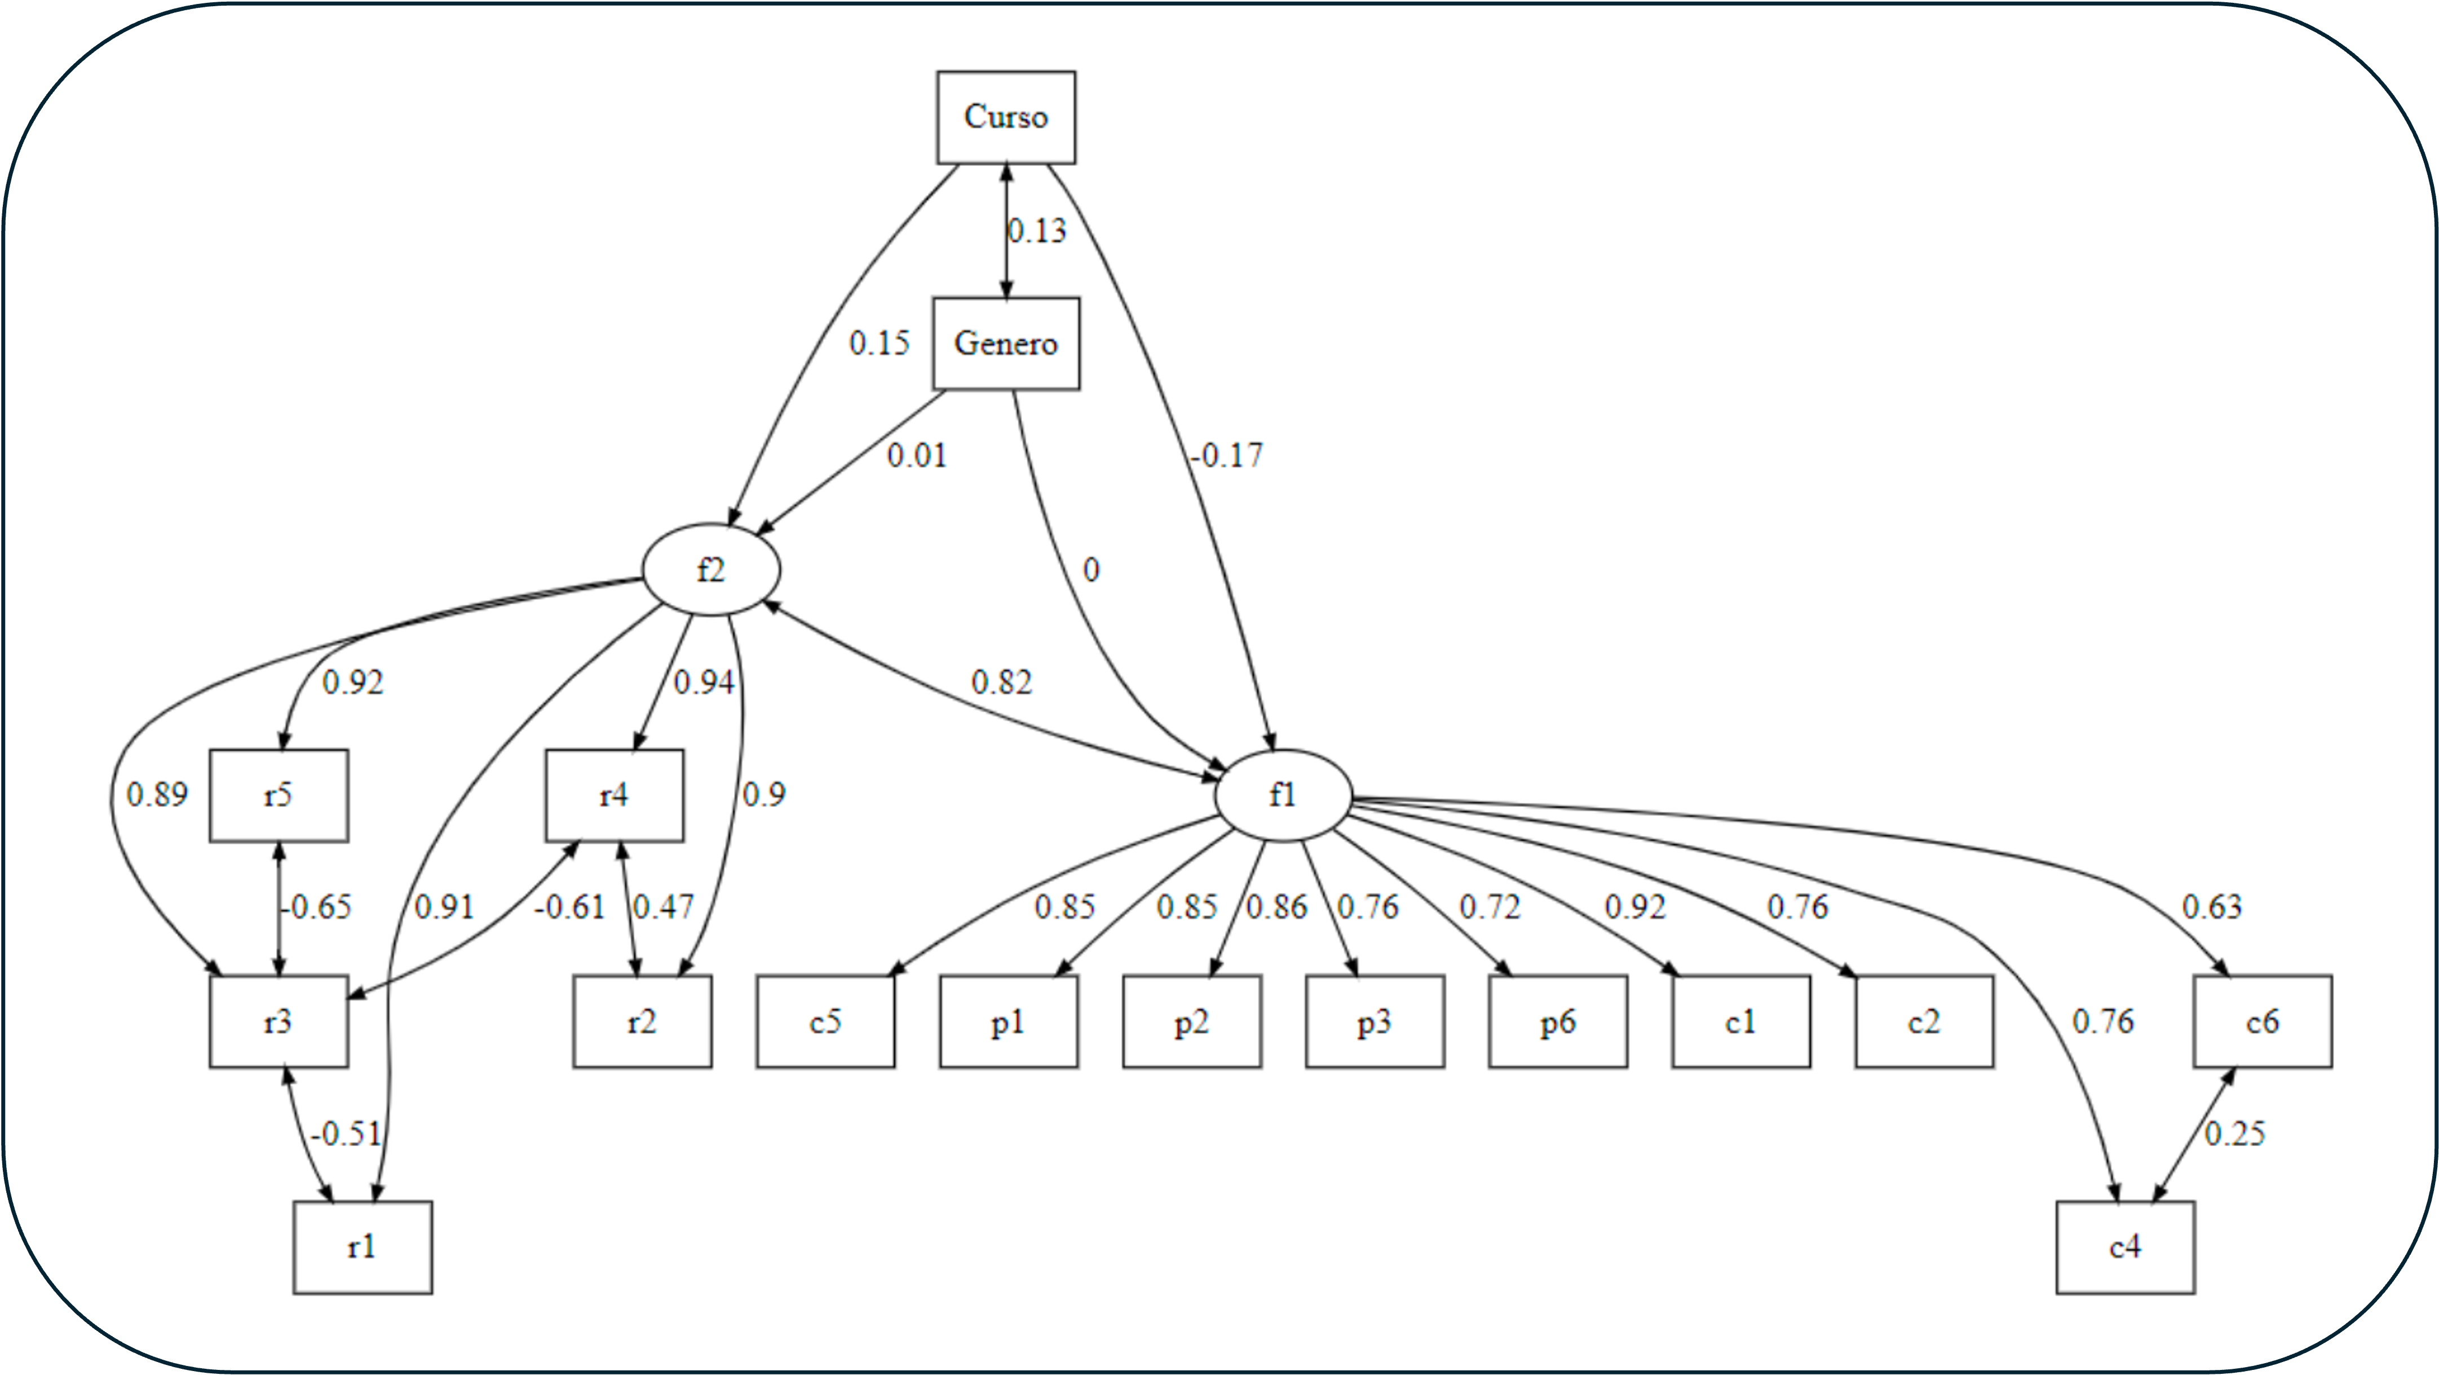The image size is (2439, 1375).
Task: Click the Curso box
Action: click(1005, 117)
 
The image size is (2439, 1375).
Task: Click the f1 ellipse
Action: click(1283, 795)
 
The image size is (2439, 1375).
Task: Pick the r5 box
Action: click(279, 795)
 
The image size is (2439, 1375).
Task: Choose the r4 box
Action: click(613, 795)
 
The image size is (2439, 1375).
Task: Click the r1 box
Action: click(363, 1247)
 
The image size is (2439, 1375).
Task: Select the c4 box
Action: click(2124, 1247)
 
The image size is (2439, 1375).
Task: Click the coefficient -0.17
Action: click(1226, 456)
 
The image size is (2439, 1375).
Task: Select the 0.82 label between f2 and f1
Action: click(1001, 682)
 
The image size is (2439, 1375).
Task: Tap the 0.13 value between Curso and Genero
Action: click(1037, 230)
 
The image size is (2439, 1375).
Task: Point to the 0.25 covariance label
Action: click(2234, 1134)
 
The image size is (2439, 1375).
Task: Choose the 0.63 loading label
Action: click(2212, 907)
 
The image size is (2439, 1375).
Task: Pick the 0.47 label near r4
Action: click(663, 907)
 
